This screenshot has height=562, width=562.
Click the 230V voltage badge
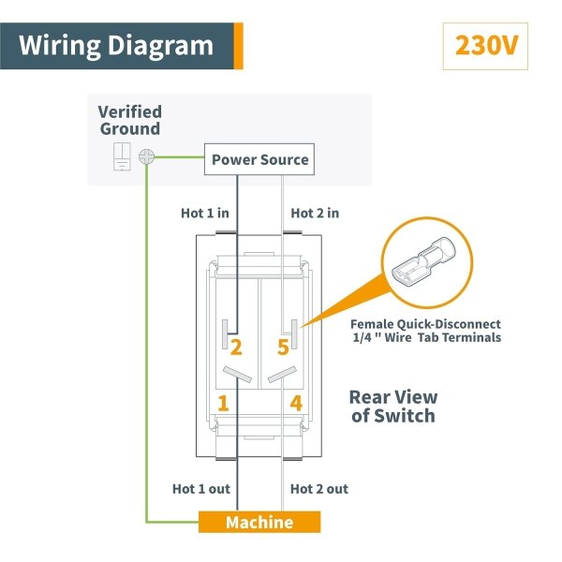(485, 46)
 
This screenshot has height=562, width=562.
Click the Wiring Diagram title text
(116, 46)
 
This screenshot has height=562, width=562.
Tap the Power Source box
(259, 159)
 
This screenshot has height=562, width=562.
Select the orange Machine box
(259, 522)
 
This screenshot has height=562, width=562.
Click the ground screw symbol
(147, 156)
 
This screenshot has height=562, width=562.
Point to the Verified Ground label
(130, 120)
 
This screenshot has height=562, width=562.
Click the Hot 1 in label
(204, 214)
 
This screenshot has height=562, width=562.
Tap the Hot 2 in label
(315, 214)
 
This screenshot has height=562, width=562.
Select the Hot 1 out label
(201, 489)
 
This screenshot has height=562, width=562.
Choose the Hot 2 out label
(319, 489)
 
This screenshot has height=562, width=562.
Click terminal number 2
(236, 347)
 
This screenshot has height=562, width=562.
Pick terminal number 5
(283, 347)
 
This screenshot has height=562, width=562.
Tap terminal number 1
(223, 403)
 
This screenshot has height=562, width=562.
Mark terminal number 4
(296, 403)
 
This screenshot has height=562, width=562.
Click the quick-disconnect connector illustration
(423, 262)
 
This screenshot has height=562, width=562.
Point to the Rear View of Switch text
(393, 407)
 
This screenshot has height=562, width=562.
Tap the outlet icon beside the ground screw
(122, 156)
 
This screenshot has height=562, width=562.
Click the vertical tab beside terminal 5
(294, 334)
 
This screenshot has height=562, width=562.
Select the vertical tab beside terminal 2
(225, 334)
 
